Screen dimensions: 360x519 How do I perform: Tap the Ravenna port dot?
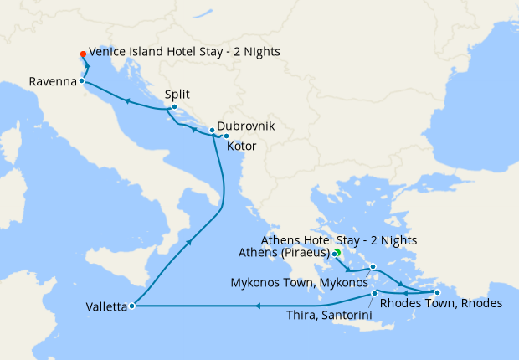pos(81,81)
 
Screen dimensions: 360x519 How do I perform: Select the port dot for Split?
pos(173,106)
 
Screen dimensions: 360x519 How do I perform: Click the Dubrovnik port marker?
pos(213,130)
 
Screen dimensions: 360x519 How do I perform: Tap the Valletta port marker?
pos(132,306)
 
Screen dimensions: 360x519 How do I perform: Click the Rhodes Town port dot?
pos(436,292)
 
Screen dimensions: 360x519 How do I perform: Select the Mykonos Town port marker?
pos(373,267)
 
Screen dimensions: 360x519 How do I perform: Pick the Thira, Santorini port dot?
pos(374,293)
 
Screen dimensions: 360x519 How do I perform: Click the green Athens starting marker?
pos(337,252)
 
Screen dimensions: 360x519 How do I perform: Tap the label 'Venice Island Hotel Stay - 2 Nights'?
pos(184,52)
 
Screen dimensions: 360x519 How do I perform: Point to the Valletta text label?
pos(105,307)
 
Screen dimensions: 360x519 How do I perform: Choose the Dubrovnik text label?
pos(245,127)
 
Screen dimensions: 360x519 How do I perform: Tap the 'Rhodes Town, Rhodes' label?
pos(441,304)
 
